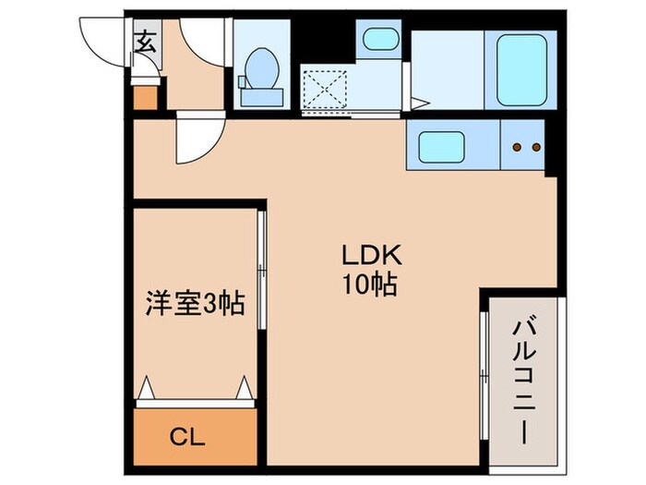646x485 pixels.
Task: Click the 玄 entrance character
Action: pos(146,41)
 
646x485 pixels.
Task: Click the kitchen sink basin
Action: pos(442,147)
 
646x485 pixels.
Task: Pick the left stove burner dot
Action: pos(517,147)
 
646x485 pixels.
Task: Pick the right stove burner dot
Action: pos(534,147)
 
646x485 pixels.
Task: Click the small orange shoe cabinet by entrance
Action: pos(145,96)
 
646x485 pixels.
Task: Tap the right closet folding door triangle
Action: pos(245,388)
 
